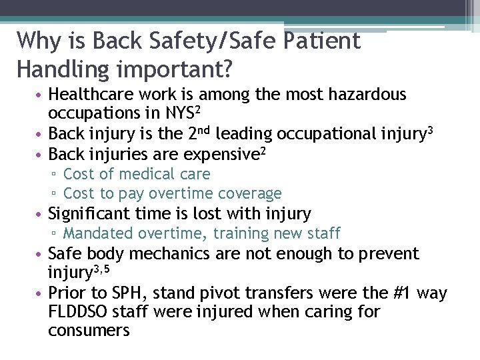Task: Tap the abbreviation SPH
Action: pyautogui.click(x=139, y=293)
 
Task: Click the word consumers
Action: pyautogui.click(x=89, y=330)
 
